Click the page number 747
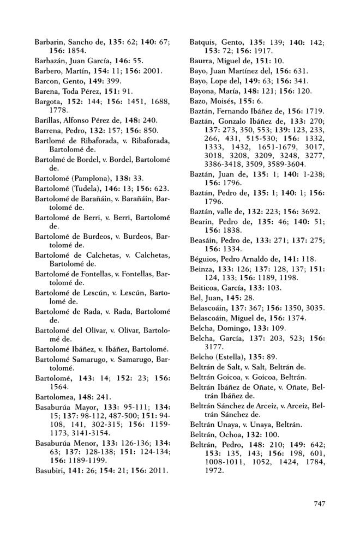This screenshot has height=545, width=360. click(x=319, y=504)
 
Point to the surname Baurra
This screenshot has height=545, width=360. click(x=201, y=60)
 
